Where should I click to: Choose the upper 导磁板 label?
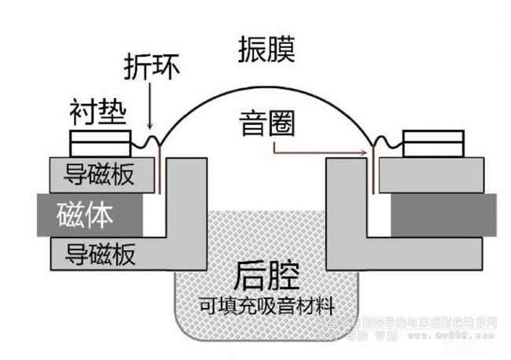(x=97, y=174)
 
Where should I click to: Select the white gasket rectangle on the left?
(x=100, y=144)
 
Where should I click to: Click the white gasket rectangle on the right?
(x=432, y=144)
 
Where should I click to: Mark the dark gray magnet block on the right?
(x=443, y=214)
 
